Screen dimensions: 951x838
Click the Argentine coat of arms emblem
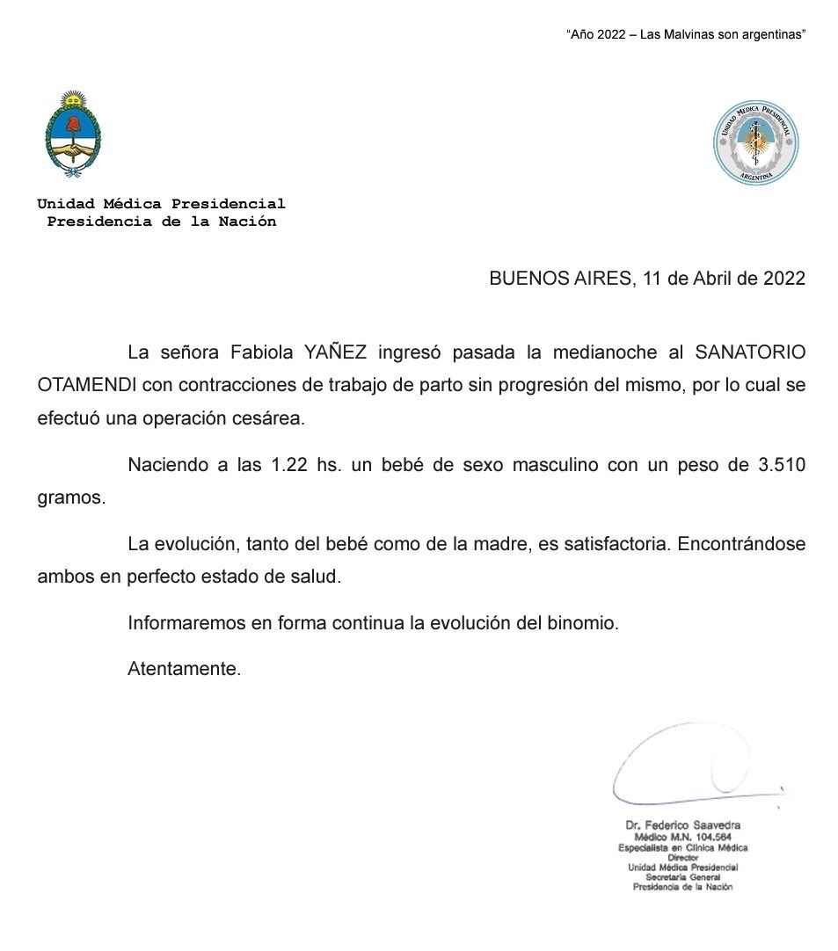(73, 134)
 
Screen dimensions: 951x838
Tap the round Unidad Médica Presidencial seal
(755, 142)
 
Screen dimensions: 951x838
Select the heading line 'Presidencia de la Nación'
(161, 221)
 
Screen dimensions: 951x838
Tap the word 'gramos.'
(70, 498)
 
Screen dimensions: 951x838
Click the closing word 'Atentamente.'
(184, 669)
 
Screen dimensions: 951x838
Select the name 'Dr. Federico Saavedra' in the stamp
(682, 825)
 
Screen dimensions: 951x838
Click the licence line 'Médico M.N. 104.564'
(682, 837)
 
